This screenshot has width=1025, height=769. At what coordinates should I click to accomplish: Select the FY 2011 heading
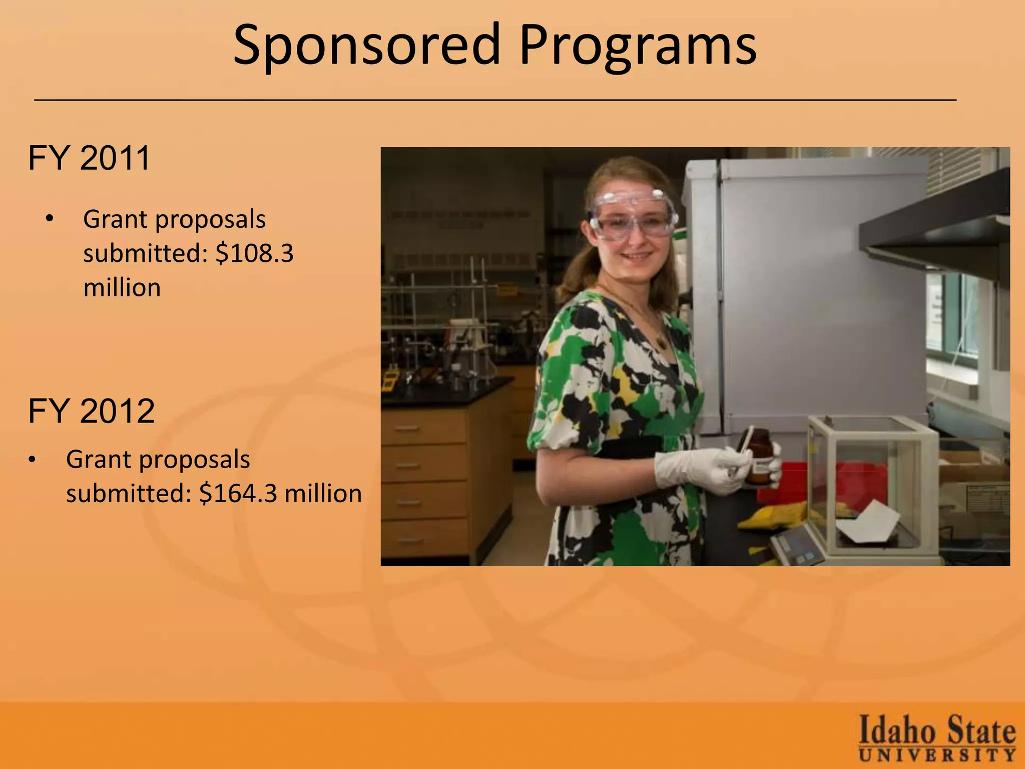(x=89, y=158)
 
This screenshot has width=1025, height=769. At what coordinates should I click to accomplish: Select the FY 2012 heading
(x=91, y=412)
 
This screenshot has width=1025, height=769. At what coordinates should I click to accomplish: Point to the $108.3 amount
(x=254, y=253)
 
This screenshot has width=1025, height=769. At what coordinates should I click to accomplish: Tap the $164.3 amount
(x=238, y=494)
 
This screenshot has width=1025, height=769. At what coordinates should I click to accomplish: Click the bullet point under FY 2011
(x=49, y=219)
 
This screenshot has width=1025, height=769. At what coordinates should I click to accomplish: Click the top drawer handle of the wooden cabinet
(x=407, y=429)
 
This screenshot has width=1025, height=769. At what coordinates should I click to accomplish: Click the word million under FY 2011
(x=122, y=288)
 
